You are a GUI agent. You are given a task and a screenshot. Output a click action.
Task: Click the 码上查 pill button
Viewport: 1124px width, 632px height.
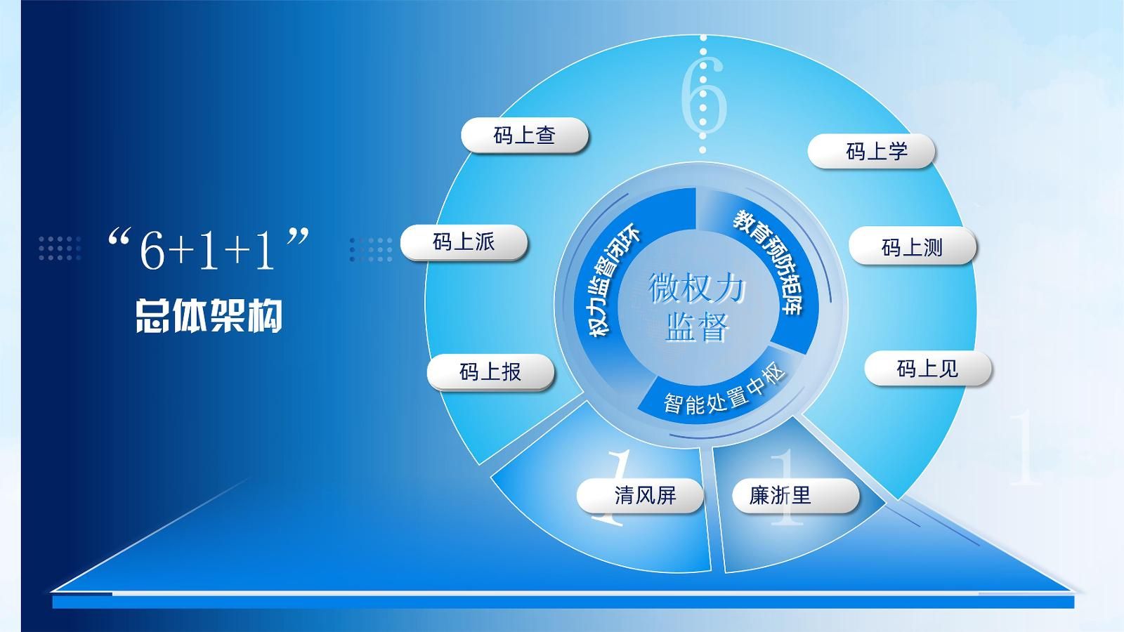pyautogui.click(x=524, y=135)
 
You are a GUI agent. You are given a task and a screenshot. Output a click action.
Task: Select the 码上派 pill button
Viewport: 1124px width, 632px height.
pyautogui.click(x=464, y=242)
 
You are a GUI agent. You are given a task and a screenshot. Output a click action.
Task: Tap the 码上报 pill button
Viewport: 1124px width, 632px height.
pyautogui.click(x=490, y=371)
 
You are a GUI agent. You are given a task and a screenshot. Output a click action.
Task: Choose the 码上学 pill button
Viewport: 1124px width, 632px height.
pyautogui.click(x=872, y=150)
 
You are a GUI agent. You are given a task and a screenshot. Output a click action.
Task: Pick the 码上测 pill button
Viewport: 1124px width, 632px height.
pyautogui.click(x=913, y=246)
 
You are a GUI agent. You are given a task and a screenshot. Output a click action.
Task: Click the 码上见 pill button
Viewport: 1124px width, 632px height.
pyautogui.click(x=928, y=369)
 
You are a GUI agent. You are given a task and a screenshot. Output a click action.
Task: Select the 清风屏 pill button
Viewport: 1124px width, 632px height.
pyautogui.click(x=640, y=496)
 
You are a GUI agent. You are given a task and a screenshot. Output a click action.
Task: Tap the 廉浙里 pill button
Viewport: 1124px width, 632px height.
pyautogui.click(x=796, y=496)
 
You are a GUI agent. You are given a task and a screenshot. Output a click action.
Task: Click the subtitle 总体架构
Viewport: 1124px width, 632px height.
pyautogui.click(x=209, y=316)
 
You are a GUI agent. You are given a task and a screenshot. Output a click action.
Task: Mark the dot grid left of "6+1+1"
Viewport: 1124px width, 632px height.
pyautogui.click(x=60, y=249)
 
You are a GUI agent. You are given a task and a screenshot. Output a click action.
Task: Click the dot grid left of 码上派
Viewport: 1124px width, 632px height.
pyautogui.click(x=371, y=249)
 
